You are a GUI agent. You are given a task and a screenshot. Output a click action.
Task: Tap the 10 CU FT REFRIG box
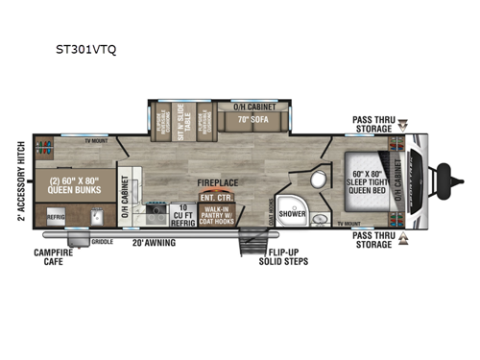(x=182, y=214)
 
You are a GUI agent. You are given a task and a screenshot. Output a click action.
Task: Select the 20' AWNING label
(x=154, y=245)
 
